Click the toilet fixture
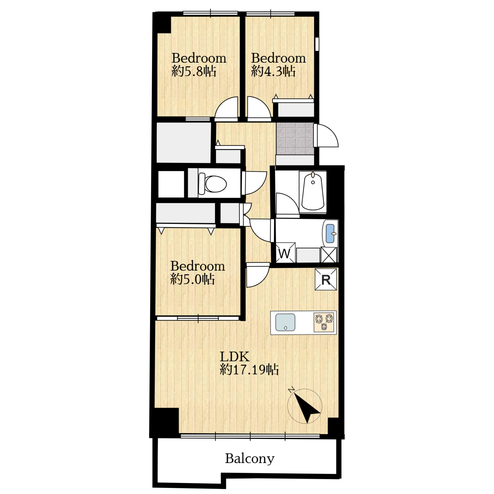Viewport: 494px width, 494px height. point(212,184)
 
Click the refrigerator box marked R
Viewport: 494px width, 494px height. point(326,279)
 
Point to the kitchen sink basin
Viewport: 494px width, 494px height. point(285,322)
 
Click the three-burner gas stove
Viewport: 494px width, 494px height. point(324,323)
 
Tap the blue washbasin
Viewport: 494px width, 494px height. point(330,233)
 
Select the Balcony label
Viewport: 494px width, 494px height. point(249,458)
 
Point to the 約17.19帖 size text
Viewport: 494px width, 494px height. point(249,370)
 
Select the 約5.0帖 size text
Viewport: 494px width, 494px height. point(193,279)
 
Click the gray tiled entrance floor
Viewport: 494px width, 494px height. point(295,138)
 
